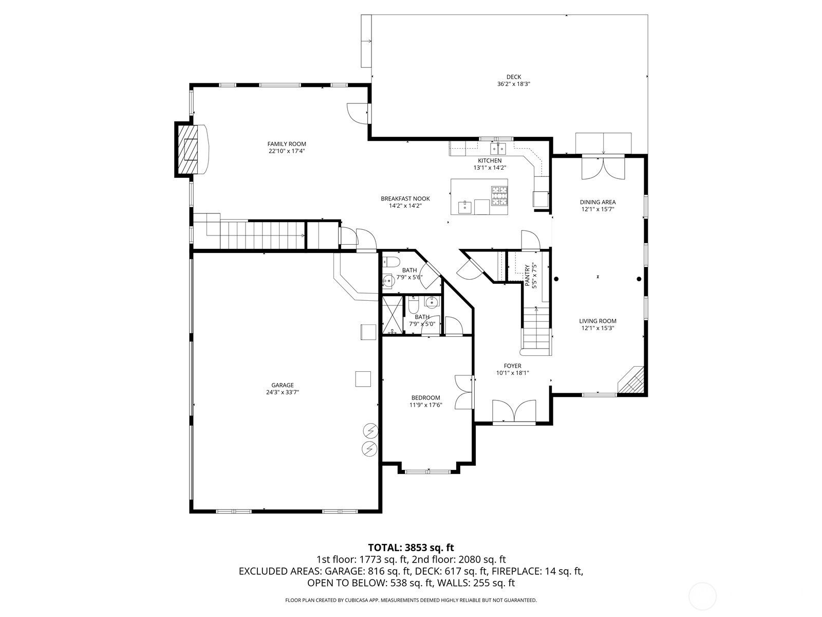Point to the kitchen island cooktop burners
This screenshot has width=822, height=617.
coord(499,196)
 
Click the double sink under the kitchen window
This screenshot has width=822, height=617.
coord(497,149)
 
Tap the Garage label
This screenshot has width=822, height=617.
coord(282,385)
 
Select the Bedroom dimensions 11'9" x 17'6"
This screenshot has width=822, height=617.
coord(425,405)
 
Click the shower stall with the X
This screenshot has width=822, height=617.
coord(392,315)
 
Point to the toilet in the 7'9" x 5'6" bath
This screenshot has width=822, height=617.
coord(391,262)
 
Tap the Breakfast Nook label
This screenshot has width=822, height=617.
coord(405,199)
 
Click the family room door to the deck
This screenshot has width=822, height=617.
coord(357,113)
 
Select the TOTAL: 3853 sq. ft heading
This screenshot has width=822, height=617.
coord(411,548)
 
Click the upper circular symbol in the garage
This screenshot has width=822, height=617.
coord(369,430)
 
